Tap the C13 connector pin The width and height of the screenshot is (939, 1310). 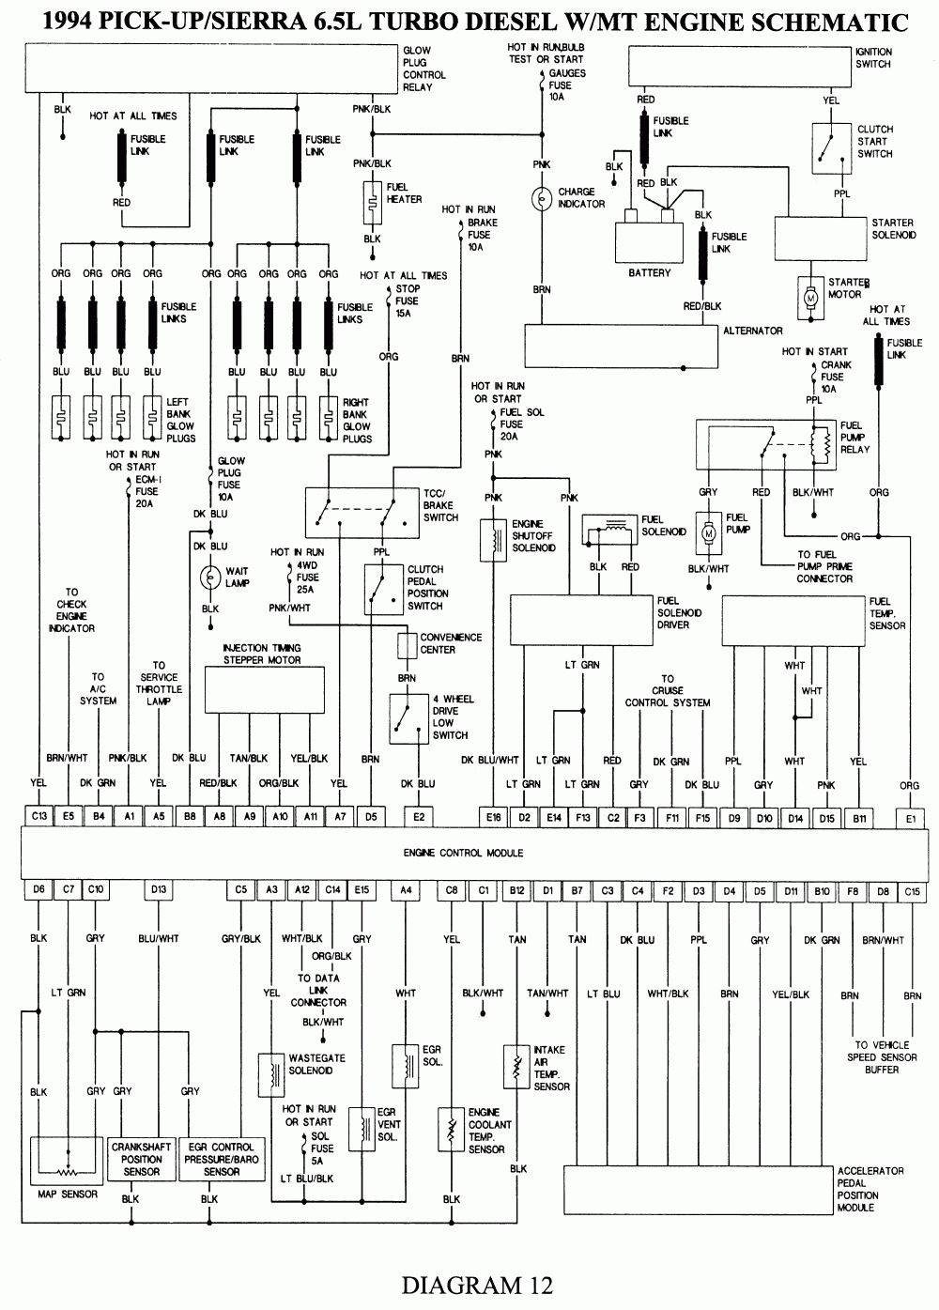pos(39,817)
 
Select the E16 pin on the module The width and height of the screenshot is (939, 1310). pos(493,818)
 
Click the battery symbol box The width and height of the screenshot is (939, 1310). pos(650,243)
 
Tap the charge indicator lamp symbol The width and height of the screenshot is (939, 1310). pos(542,199)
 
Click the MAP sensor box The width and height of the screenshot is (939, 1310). pos(68,1161)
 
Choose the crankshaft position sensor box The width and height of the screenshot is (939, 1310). pos(142,1159)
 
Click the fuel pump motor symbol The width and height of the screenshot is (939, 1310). pos(709,532)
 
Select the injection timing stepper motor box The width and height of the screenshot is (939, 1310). pos(265,690)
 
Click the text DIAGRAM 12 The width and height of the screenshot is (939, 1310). pos(477,1284)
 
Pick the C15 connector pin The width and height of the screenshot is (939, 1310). pos(912,889)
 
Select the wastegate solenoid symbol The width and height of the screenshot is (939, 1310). pos(271,1071)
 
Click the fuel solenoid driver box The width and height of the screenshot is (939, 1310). pos(581,619)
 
